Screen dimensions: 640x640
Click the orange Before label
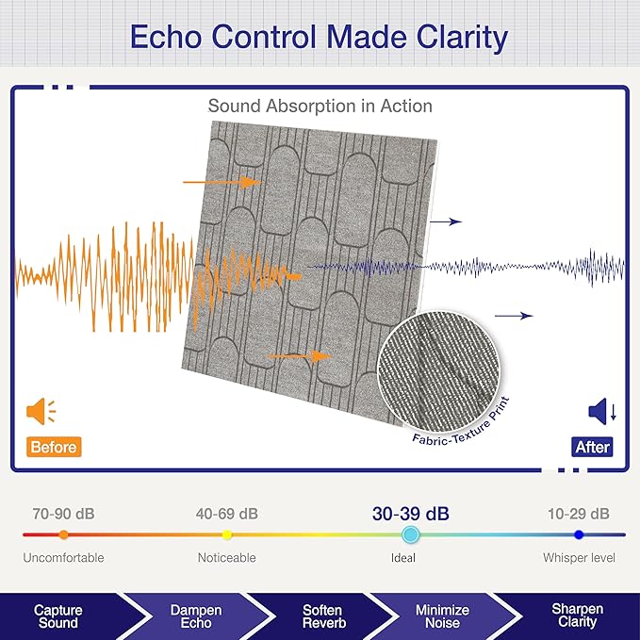[x=54, y=447]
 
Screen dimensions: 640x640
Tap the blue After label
[x=592, y=447]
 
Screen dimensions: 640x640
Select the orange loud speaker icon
[x=41, y=411]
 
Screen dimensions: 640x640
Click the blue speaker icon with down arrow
[x=602, y=411]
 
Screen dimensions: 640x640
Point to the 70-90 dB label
[x=64, y=514]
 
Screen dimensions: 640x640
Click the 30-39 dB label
[x=411, y=514]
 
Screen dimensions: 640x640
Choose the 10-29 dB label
[x=579, y=514]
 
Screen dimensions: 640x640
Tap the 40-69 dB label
[x=227, y=514]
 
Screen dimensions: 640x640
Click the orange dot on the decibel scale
[x=64, y=534]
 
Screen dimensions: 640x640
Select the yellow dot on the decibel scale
[x=227, y=534]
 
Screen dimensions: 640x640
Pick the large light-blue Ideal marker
[x=410, y=534]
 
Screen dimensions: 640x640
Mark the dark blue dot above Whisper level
[x=579, y=534]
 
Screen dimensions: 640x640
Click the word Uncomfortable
[x=64, y=558]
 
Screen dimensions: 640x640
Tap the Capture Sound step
[x=57, y=616]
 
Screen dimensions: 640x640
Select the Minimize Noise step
[x=442, y=616]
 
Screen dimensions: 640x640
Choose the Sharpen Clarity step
[x=577, y=615]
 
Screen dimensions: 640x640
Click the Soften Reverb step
[x=324, y=616]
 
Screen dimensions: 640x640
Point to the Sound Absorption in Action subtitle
[x=320, y=107]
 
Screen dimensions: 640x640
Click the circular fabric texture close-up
[x=439, y=372]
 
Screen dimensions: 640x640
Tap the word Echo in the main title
[x=166, y=37]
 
